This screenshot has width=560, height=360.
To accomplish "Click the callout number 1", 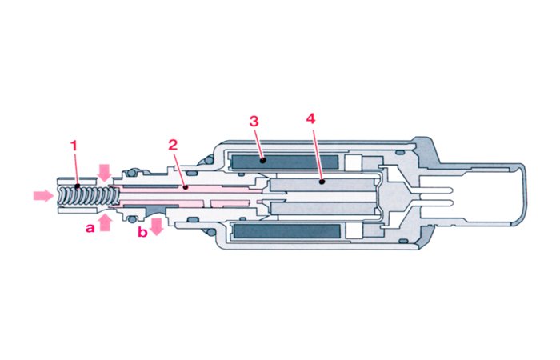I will click(74, 146).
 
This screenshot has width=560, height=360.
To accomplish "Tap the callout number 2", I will click(172, 146).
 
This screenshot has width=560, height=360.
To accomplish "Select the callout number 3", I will click(254, 122).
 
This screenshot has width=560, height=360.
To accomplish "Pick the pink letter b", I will click(142, 233).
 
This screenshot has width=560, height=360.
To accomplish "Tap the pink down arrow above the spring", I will click(104, 171).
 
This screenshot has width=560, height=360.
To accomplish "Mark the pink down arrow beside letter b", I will click(157, 225).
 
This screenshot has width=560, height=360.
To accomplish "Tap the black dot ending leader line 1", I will click(78, 187).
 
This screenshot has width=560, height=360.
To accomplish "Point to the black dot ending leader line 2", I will click(185, 187).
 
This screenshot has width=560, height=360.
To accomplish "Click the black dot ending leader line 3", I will click(262, 161).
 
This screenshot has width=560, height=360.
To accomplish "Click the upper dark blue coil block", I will click(286, 162).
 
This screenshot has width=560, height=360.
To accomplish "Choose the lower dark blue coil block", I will click(286, 231).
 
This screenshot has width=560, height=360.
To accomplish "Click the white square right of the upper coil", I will click(354, 162).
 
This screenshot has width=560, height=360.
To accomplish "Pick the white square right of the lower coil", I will click(354, 230).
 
